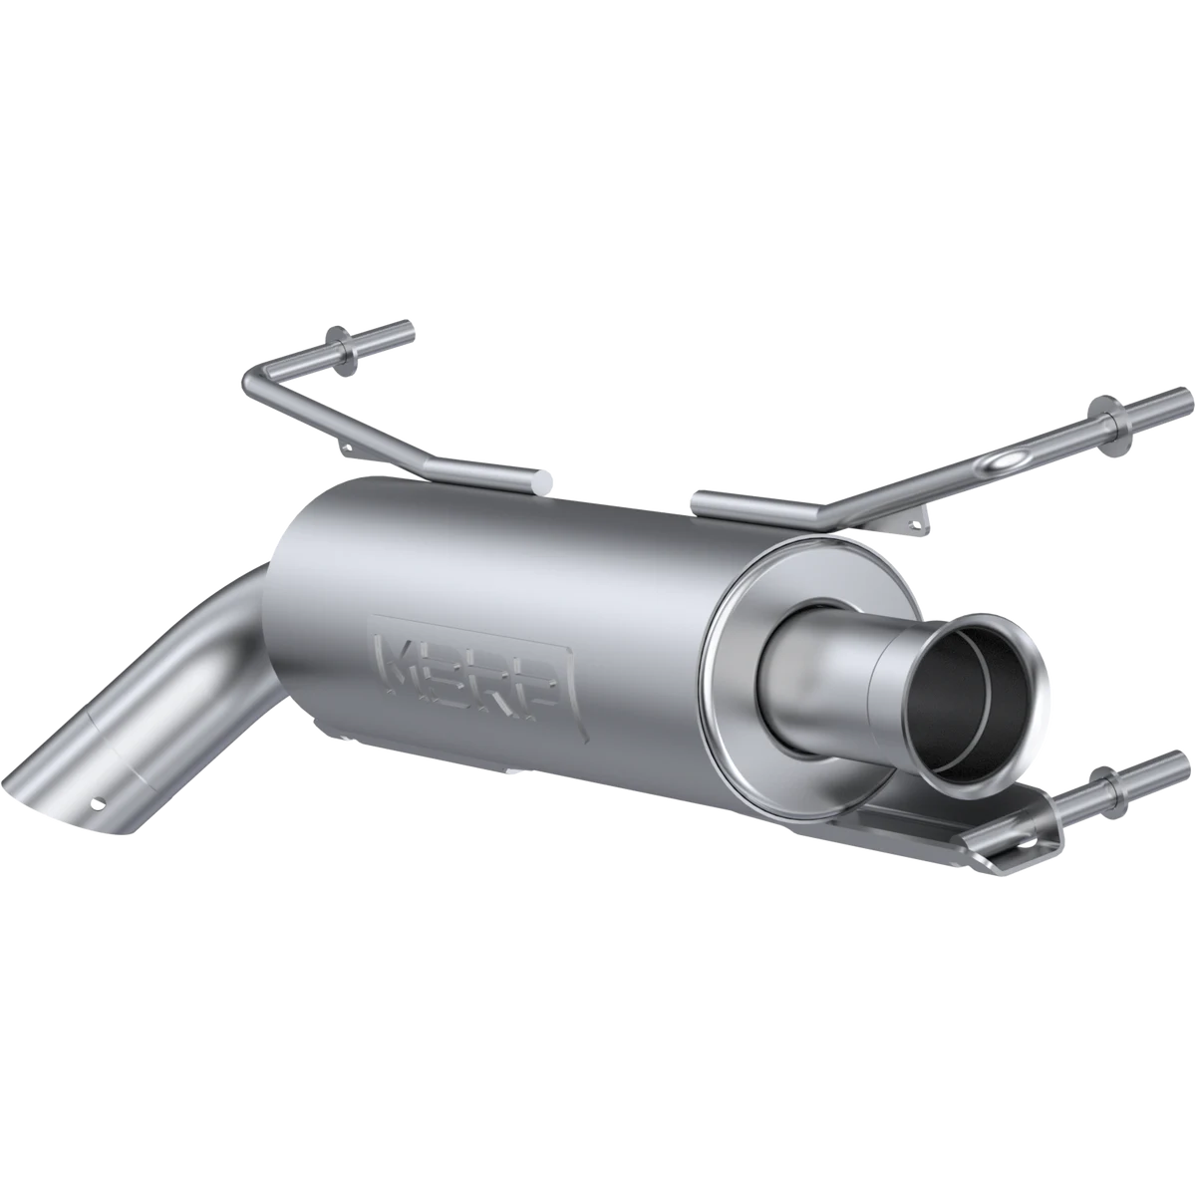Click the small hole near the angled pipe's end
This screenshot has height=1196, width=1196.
click(97, 803)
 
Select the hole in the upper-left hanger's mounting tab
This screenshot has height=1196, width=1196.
click(348, 447)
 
